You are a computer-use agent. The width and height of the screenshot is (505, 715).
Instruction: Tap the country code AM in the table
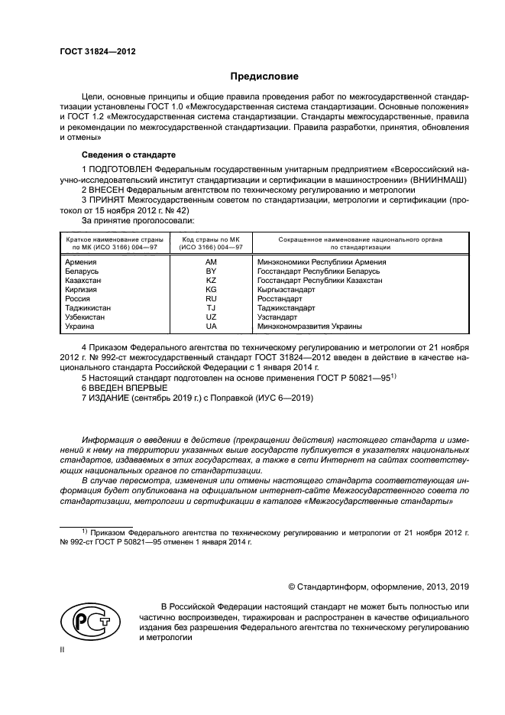(212, 262)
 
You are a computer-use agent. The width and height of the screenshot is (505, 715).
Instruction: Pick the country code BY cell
(212, 271)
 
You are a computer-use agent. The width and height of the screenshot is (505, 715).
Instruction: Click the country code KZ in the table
(212, 281)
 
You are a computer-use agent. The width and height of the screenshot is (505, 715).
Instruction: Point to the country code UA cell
(212, 327)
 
